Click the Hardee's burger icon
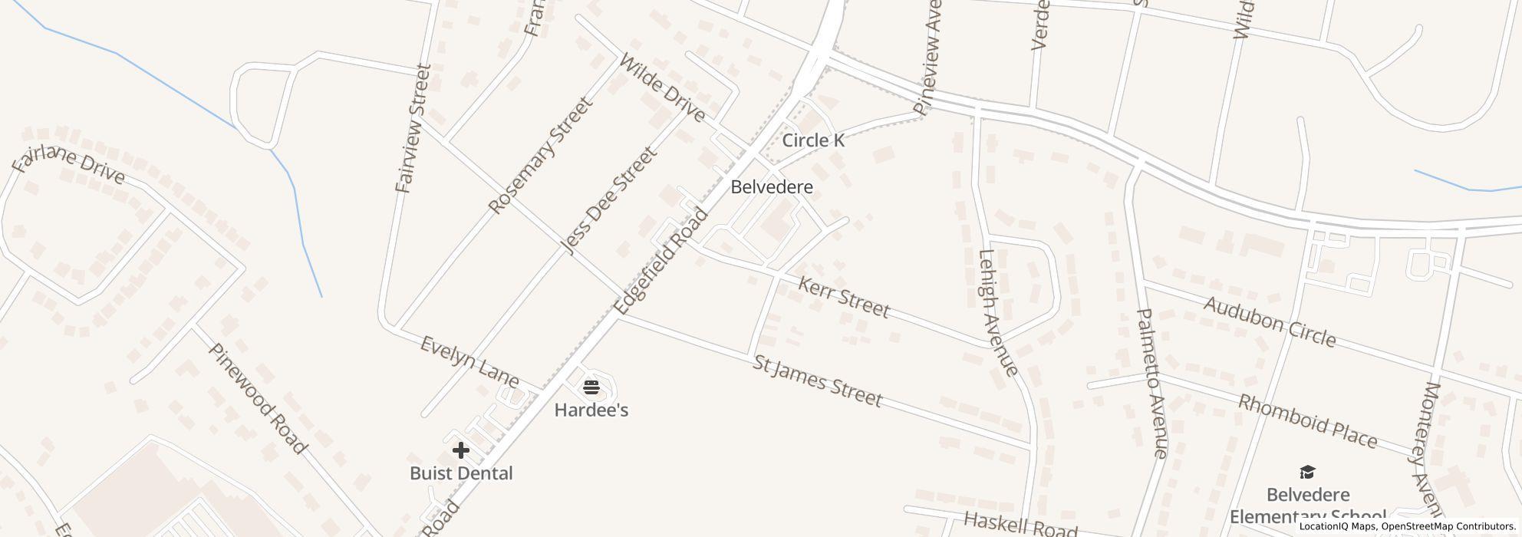point(591,387)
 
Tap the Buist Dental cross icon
point(460,450)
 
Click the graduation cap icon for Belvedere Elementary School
point(1307,472)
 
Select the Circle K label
point(812,140)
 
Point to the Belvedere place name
point(771,187)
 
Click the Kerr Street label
point(844,298)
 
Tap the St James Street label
point(817,381)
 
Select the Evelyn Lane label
point(469,361)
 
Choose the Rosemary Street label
point(540,156)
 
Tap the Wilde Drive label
point(661,87)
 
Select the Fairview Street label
point(413,128)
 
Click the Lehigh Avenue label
point(998,313)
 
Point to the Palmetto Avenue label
point(1151,383)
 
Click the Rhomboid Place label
point(1307,421)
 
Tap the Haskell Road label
point(1020,525)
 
